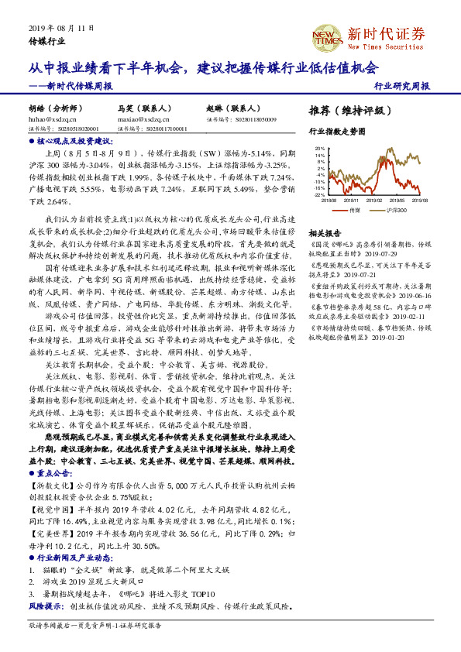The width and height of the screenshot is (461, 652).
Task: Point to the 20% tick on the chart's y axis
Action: (x=318, y=148)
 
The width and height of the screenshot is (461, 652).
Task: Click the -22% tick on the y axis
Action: (x=318, y=195)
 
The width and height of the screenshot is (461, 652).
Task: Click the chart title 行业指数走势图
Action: (x=336, y=132)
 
